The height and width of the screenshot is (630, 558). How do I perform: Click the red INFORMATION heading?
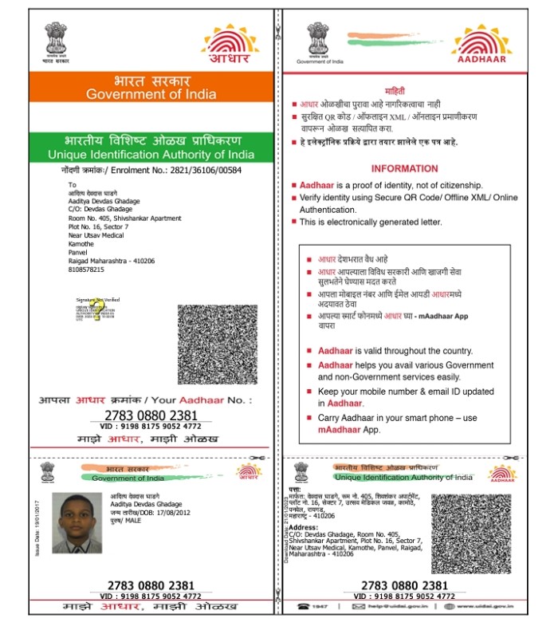(404, 168)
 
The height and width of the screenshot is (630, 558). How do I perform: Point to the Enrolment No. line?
(151, 171)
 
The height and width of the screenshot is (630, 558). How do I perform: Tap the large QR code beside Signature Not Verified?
(217, 344)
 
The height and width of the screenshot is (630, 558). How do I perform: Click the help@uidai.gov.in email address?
(396, 607)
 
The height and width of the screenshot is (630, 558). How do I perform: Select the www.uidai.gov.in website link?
(484, 607)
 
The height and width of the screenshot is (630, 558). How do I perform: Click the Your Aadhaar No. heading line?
(151, 400)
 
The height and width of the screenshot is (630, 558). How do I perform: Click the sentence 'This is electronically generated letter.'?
(370, 222)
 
